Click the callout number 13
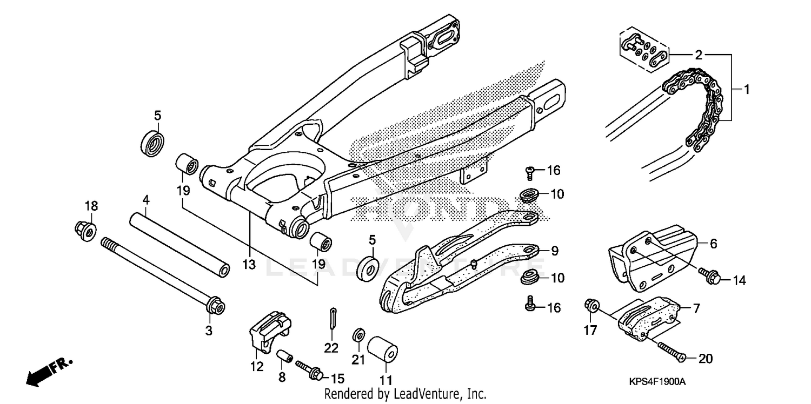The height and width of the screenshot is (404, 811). [x=248, y=265]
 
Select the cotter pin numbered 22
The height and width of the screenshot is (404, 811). [x=334, y=319]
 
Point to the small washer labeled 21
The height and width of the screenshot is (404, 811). [x=357, y=335]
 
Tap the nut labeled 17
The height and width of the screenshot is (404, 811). [x=591, y=306]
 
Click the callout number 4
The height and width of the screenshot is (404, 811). [x=145, y=200]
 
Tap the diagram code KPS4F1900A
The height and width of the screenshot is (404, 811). [x=657, y=382]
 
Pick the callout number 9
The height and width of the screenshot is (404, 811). [x=555, y=251]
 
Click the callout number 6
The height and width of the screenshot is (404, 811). [x=713, y=244]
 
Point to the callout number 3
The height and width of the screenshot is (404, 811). [x=209, y=330]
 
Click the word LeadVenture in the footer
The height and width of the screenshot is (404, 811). [x=421, y=394]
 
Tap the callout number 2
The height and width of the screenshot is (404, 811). [x=698, y=55]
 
